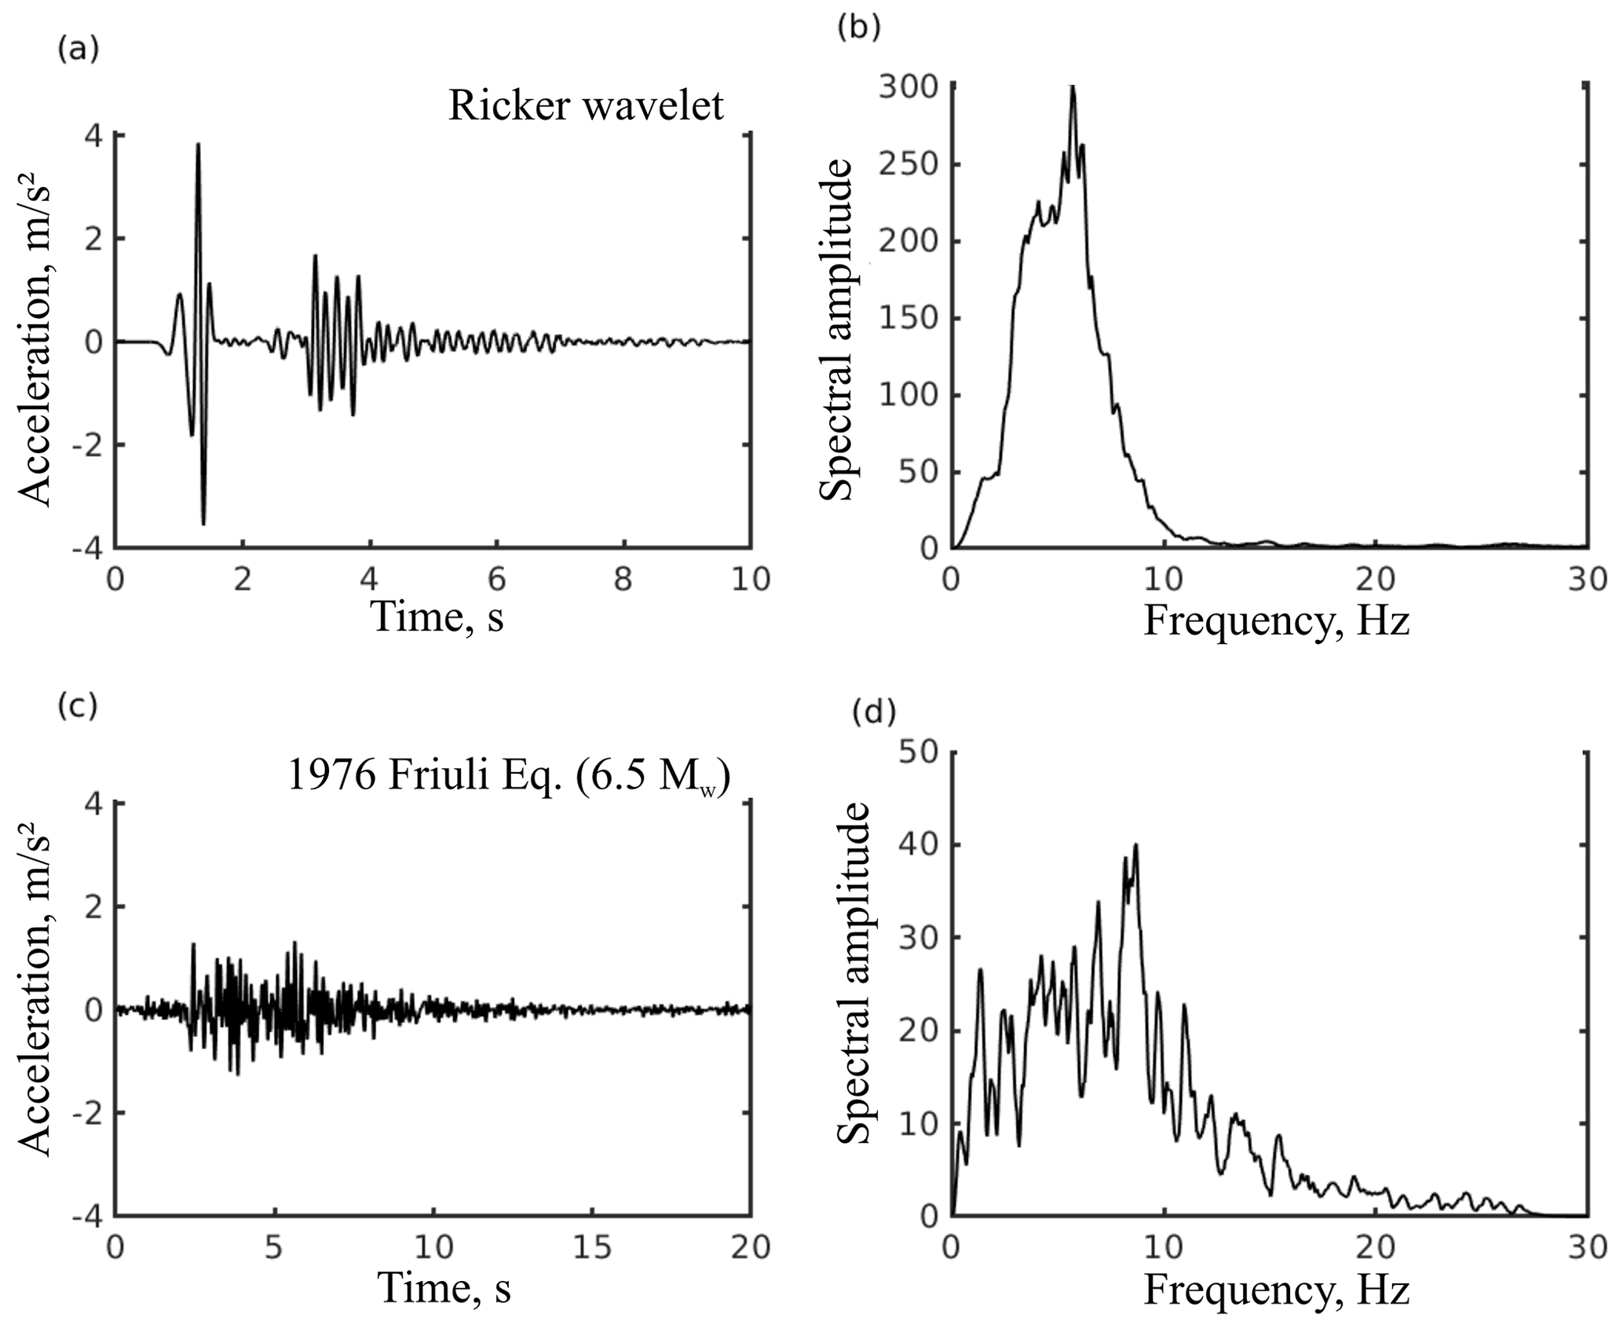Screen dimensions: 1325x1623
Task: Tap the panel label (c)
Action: coord(78,706)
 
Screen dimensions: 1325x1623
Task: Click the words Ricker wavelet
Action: coord(585,105)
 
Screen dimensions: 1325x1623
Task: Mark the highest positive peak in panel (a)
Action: coord(199,145)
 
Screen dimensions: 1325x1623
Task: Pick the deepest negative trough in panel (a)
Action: coord(203,523)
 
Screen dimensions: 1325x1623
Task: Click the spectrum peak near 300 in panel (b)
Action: coord(1073,86)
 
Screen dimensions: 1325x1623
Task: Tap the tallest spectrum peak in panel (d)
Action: coord(1135,845)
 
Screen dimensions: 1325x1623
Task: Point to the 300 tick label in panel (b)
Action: coord(909,87)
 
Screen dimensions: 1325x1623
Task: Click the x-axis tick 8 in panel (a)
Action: coord(623,580)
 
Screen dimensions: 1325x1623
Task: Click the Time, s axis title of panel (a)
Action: coord(438,617)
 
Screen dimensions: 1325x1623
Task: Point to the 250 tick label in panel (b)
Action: coord(909,164)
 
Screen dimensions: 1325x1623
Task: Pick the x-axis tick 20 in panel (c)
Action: coord(750,1247)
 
